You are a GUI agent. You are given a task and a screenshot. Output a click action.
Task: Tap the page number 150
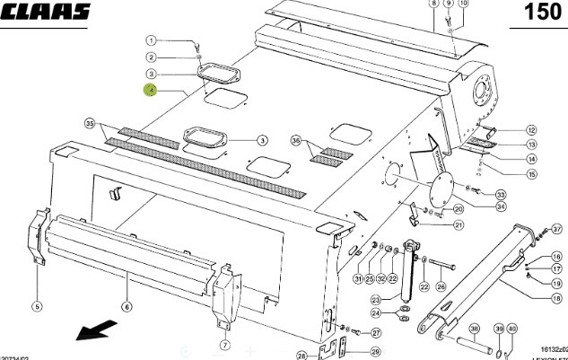coord(544,13)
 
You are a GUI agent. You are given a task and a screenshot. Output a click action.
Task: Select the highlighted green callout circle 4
coord(152,90)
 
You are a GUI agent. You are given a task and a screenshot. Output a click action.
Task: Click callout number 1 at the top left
coord(152,40)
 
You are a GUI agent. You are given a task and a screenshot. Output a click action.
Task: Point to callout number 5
coord(38,307)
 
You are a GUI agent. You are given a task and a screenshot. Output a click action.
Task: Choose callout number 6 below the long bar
coord(127,307)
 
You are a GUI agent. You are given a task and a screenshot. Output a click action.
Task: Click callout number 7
coord(223,344)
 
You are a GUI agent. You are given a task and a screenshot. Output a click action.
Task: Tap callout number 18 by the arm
coord(556,298)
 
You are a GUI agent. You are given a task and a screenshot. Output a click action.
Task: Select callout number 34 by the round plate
coord(500,206)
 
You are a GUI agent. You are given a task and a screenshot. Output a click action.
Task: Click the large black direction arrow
coord(92,331)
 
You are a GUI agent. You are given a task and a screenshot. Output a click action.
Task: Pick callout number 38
coord(474,329)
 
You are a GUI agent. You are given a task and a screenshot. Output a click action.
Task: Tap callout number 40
coord(511,329)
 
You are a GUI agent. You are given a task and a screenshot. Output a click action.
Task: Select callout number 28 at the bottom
coord(302,356)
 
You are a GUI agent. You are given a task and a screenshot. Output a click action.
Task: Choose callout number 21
coord(459,224)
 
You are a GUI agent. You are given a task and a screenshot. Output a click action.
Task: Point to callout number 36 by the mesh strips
coord(295,141)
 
